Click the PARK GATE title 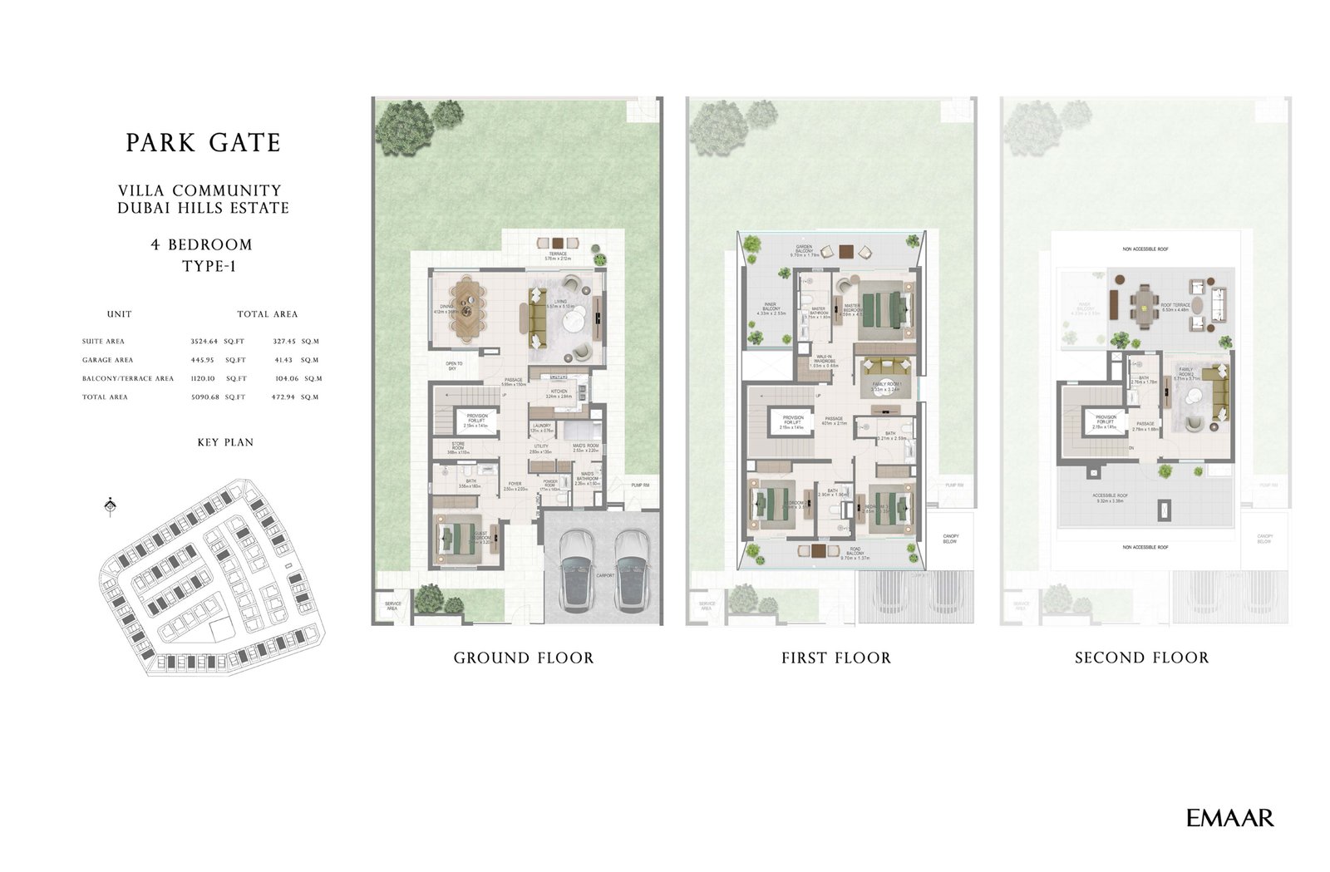pyautogui.click(x=204, y=143)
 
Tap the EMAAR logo pyautogui.click(x=1229, y=818)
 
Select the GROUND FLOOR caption pyautogui.click(x=524, y=658)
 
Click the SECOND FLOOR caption pyautogui.click(x=1141, y=658)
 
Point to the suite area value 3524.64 pyautogui.click(x=204, y=341)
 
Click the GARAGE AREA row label pyautogui.click(x=107, y=360)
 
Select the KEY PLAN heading pyautogui.click(x=225, y=442)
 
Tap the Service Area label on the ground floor pyautogui.click(x=392, y=606)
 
